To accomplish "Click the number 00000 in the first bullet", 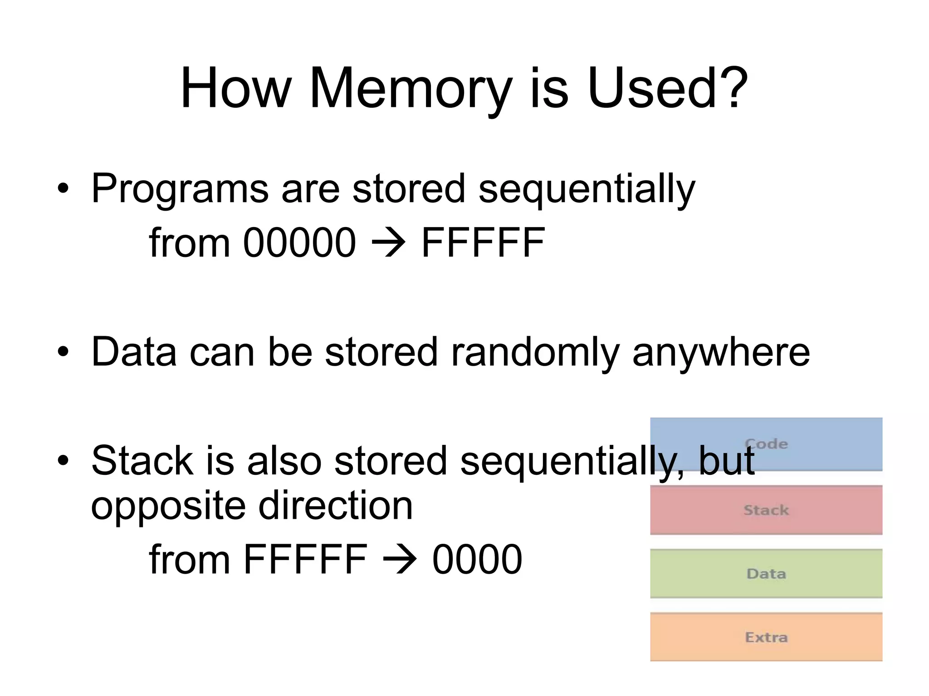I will coord(299,243).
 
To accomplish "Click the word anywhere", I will coord(721,352).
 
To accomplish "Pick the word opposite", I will coord(168,507).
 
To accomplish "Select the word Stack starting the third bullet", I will coord(142,461).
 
